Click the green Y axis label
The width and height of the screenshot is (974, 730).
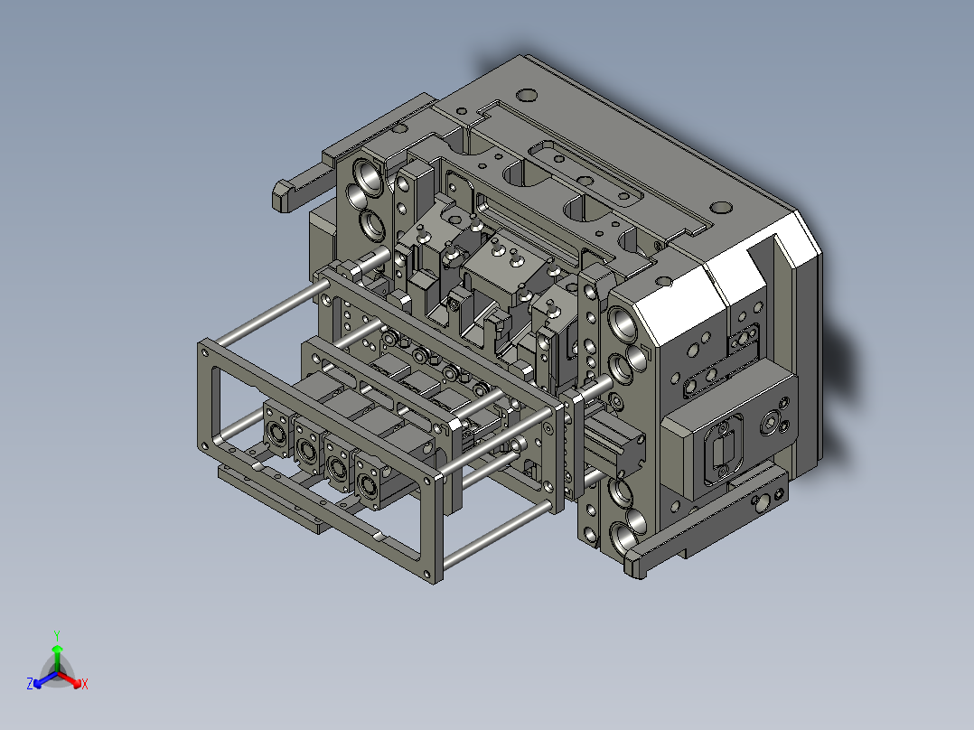[x=56, y=634]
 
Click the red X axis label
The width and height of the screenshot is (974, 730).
[x=85, y=684]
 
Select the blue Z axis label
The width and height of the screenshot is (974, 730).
[x=30, y=684]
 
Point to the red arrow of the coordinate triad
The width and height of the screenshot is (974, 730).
[x=73, y=680]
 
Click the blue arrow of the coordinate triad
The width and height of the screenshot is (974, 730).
[x=41, y=680]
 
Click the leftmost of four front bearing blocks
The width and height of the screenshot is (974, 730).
[x=276, y=431]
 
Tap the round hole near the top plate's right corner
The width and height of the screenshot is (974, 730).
[x=720, y=207]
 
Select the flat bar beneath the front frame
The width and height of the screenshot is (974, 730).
[x=271, y=497]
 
